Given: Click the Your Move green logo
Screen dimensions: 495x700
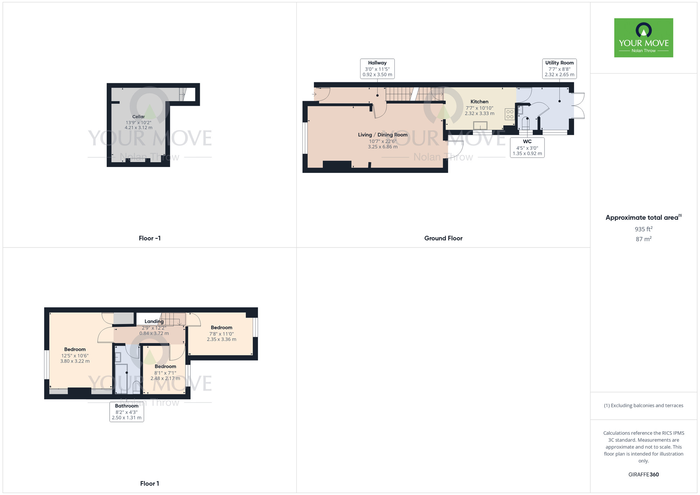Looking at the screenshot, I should [x=643, y=38].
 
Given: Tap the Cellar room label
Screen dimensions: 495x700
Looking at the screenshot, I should [x=139, y=117].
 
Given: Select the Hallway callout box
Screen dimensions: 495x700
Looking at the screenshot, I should [x=377, y=69].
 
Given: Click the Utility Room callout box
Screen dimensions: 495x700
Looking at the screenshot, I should [x=559, y=69].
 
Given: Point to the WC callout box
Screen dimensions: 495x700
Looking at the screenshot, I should [x=527, y=147].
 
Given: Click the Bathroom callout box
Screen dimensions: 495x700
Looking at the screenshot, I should [x=127, y=412].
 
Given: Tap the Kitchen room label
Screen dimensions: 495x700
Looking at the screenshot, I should [x=479, y=102].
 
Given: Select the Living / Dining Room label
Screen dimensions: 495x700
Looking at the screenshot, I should [x=383, y=135].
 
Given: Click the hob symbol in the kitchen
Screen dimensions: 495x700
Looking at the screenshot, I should [x=510, y=114].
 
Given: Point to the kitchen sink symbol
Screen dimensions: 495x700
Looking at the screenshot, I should [x=480, y=125].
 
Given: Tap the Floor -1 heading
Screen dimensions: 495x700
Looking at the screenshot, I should [x=149, y=238].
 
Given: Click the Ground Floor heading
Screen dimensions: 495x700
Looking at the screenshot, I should [x=443, y=238].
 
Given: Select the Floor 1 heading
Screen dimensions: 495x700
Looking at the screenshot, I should [x=149, y=483].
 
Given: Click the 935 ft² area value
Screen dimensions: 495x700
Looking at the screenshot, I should [x=643, y=229].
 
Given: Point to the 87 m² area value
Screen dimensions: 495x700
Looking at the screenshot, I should [x=643, y=239].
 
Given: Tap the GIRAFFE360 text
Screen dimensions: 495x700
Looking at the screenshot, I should [x=643, y=475].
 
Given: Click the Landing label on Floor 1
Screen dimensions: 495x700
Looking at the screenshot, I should [x=154, y=321].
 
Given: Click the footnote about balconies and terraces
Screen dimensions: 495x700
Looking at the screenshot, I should [x=643, y=405].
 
